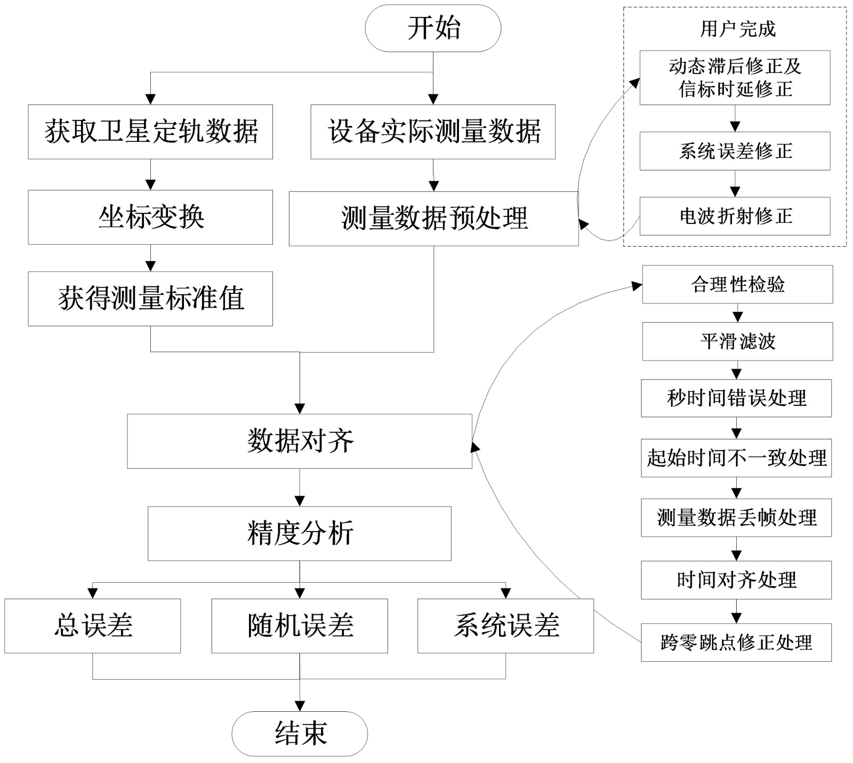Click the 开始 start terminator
click(433, 28)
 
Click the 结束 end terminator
click(300, 733)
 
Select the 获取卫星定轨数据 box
click(150, 132)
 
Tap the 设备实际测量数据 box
click(433, 132)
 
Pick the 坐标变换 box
click(150, 217)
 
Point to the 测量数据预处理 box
click(433, 219)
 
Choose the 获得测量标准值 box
click(150, 299)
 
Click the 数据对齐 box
click(300, 441)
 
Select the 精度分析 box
click(300, 533)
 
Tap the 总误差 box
click(93, 625)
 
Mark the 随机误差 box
click(300, 625)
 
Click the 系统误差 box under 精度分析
click(505, 625)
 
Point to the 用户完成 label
click(738, 29)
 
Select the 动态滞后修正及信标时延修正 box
click(735, 78)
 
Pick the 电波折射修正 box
click(735, 216)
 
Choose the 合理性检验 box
click(737, 284)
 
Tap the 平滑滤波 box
click(737, 341)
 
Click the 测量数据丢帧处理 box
click(736, 517)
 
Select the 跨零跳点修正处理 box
click(736, 642)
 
